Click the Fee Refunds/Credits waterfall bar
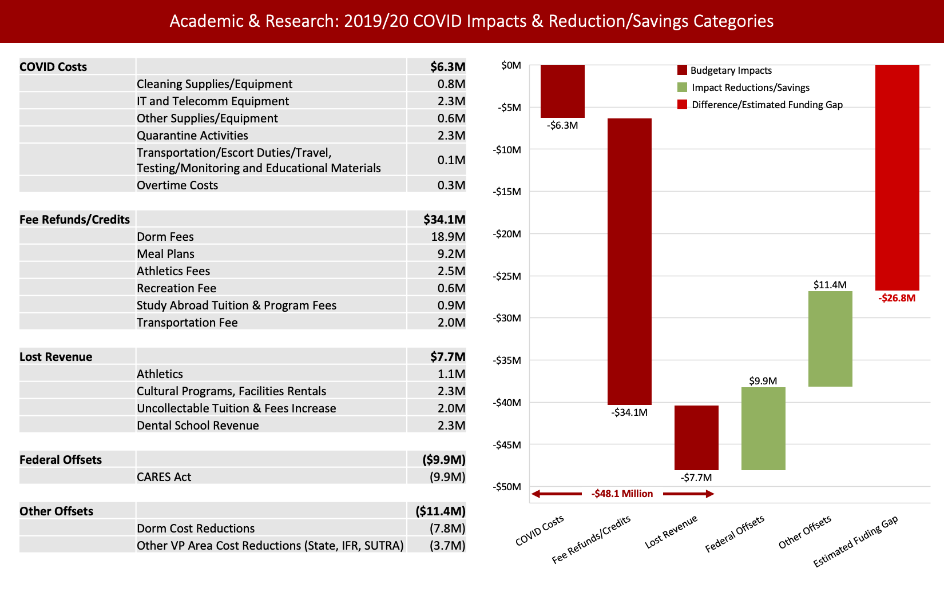pyautogui.click(x=629, y=261)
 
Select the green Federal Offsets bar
pyautogui.click(x=763, y=428)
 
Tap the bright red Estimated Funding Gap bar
pyautogui.click(x=897, y=177)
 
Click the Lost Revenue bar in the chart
pyautogui.click(x=696, y=438)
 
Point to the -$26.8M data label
pyautogui.click(x=897, y=298)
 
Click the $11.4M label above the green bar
pyautogui.click(x=830, y=285)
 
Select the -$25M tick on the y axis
pyautogui.click(x=507, y=276)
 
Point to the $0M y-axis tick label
pyautogui.click(x=511, y=65)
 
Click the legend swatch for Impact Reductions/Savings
pyautogui.click(x=682, y=88)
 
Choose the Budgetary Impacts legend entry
pyautogui.click(x=731, y=70)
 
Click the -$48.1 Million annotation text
pyautogui.click(x=622, y=494)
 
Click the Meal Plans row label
pyautogui.click(x=165, y=254)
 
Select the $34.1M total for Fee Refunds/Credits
pyautogui.click(x=444, y=220)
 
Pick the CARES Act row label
pyautogui.click(x=164, y=477)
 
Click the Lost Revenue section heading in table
pyautogui.click(x=55, y=357)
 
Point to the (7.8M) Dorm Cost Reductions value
pyautogui.click(x=447, y=529)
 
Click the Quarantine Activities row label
pyautogui.click(x=192, y=136)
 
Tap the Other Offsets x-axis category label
pyautogui.click(x=804, y=533)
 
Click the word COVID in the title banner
pyautogui.click(x=437, y=21)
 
